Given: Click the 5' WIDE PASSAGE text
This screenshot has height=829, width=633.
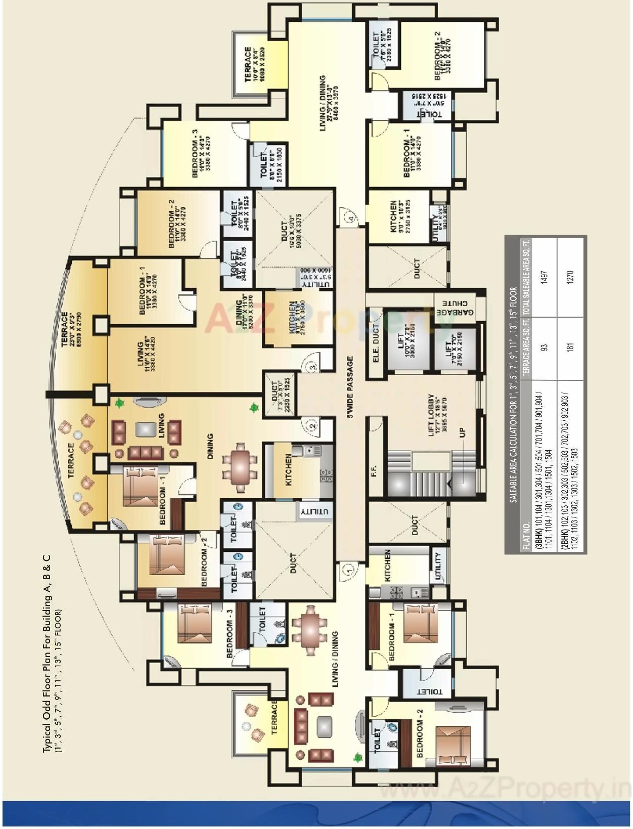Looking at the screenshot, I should tap(349, 387).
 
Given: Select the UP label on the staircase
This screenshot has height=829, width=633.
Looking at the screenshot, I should tap(462, 434).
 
